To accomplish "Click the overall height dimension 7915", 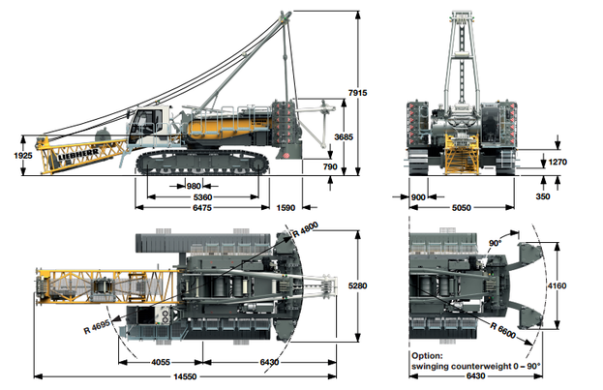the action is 358,93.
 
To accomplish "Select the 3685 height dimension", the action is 344,136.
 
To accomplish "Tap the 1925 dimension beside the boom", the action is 23,156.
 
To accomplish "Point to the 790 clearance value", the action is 330,166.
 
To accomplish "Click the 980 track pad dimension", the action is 194,186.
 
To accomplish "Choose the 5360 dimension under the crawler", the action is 202,197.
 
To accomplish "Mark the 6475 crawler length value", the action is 202,208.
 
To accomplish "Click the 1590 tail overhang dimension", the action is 286,208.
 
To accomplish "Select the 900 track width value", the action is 418,197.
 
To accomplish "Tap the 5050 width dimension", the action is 462,208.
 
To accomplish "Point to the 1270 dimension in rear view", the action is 558,162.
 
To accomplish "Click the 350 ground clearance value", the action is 543,196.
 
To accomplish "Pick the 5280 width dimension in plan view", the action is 358,285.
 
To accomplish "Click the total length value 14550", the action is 185,376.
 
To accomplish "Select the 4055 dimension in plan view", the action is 161,362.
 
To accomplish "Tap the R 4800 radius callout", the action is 305,230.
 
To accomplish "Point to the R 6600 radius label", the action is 503,331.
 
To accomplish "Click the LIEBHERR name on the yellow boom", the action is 78,155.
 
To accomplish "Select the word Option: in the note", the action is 427,356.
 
